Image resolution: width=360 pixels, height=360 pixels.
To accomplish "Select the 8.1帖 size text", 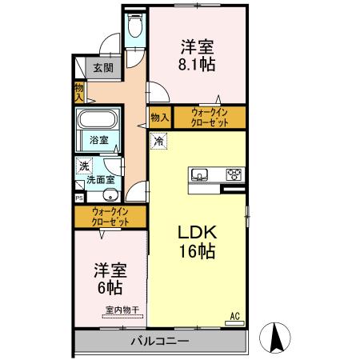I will point(197,63).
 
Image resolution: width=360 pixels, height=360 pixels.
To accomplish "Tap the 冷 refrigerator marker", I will point(158,142).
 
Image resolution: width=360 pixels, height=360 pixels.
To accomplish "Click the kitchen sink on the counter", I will point(200,174).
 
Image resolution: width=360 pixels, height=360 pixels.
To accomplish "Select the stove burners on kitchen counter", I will point(234,174).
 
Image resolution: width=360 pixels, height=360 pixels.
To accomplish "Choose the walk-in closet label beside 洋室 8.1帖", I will point(210,118).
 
